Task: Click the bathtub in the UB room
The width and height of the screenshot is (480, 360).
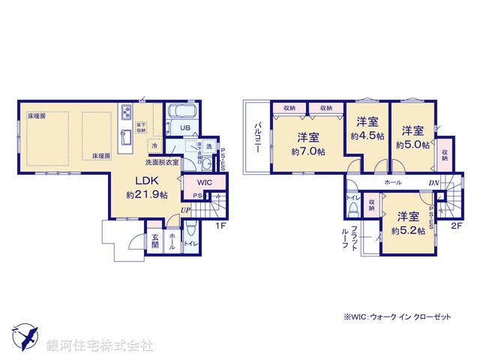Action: pyautogui.click(x=181, y=112)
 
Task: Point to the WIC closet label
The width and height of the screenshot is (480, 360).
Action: pyautogui.click(x=204, y=182)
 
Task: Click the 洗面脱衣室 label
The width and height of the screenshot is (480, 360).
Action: pyautogui.click(x=161, y=162)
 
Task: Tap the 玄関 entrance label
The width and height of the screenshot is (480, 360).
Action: pyautogui.click(x=154, y=239)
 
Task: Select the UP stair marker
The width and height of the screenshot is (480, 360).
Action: pyautogui.click(x=184, y=211)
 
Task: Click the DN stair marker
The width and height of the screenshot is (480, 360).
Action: pyautogui.click(x=433, y=182)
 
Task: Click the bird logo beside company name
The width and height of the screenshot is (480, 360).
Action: pyautogui.click(x=25, y=335)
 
